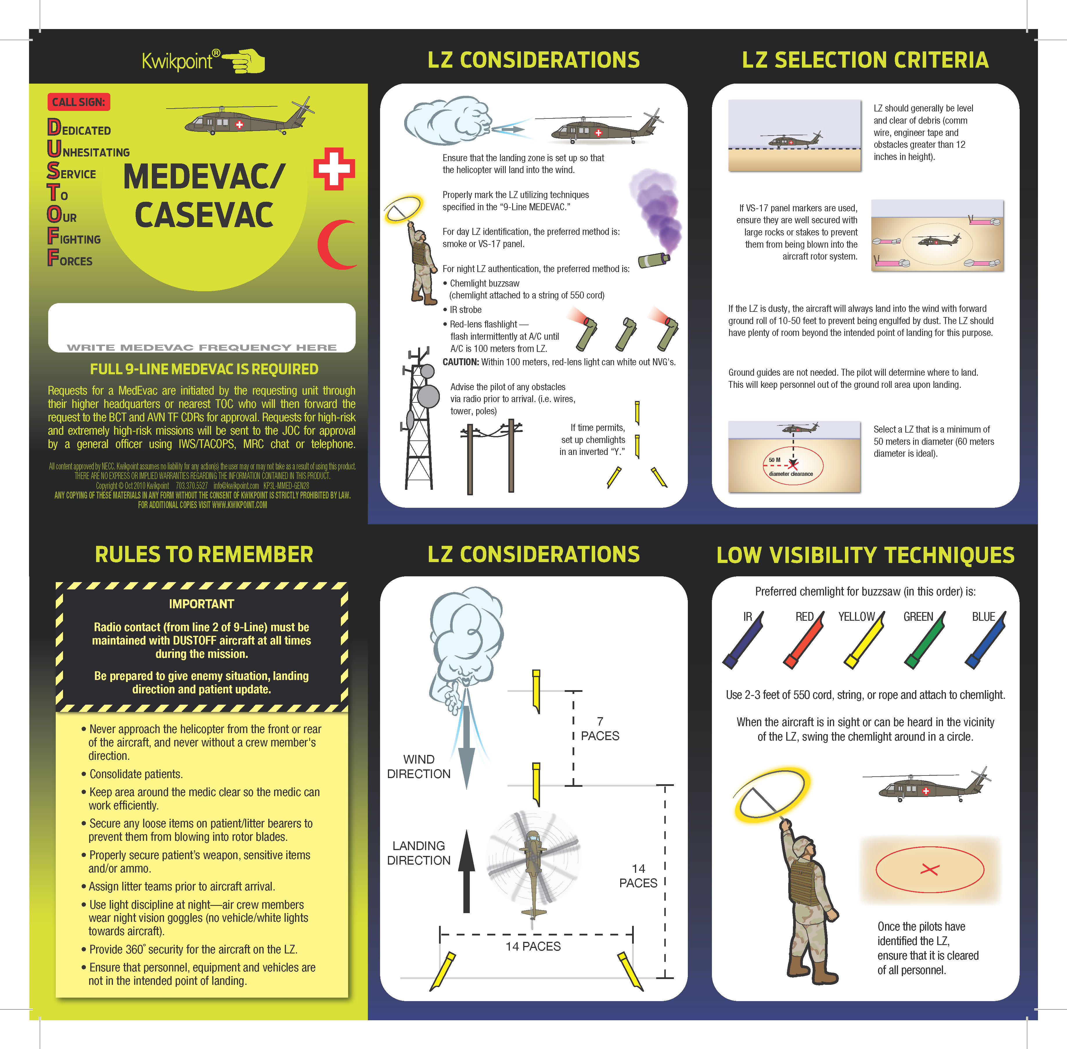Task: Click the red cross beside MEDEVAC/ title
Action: pos(334,169)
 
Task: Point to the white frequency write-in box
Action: pos(201,327)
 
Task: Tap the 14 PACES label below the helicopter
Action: pos(533,947)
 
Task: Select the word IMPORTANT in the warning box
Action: pos(201,604)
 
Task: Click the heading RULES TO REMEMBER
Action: pos(204,554)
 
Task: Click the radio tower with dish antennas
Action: pos(420,419)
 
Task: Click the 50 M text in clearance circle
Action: pos(775,460)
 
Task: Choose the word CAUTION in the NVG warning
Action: pos(460,362)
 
